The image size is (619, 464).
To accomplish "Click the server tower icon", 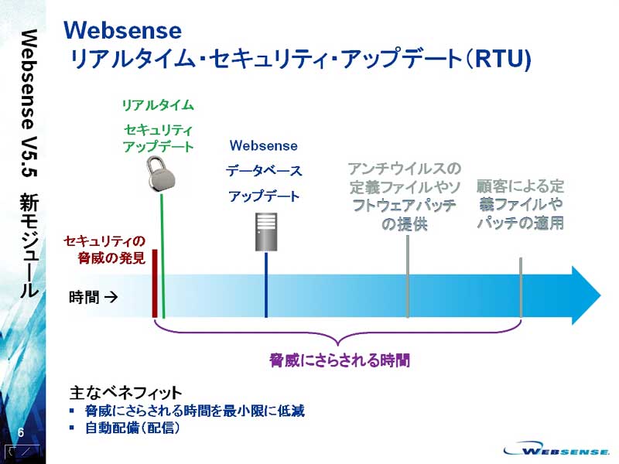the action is coord(266,231).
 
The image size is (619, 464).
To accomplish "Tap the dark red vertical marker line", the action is coord(155,283).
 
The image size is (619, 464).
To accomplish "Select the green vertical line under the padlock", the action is coord(162,255).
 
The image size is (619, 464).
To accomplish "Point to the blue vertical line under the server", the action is coord(266,285).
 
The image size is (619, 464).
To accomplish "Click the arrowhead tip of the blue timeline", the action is coord(601,295).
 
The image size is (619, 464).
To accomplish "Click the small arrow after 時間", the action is coord(111,297).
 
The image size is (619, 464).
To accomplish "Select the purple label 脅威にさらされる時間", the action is coord(340,360).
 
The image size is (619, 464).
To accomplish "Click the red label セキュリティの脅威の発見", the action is coord(104,249).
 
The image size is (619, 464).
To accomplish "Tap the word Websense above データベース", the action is coord(263,145).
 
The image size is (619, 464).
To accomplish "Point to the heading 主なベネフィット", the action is coord(125,392).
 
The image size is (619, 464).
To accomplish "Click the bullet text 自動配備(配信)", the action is coord(132,428).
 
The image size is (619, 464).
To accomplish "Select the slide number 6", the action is coord(21,432).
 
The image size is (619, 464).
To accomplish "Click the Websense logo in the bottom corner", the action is coord(556,449).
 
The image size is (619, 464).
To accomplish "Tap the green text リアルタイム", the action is coord(158,105).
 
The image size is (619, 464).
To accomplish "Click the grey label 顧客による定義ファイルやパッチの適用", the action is coord(520,204).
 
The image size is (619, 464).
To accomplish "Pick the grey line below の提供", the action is coord(408,276).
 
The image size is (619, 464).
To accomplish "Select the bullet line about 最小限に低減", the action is coord(195,411).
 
